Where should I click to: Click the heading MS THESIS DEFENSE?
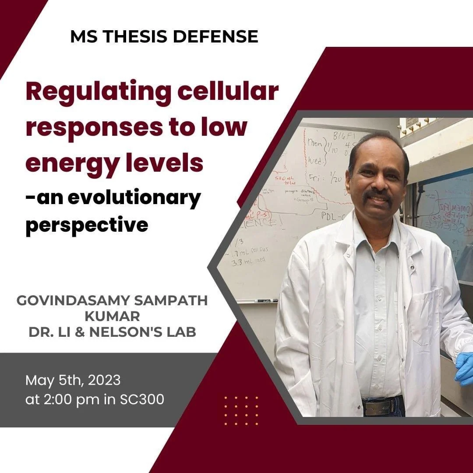tap(164, 37)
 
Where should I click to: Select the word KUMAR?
tap(112, 316)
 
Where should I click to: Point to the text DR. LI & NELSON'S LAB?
tap(112, 332)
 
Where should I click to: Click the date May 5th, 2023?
tap(73, 380)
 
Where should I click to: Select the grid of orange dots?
tap(241, 410)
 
